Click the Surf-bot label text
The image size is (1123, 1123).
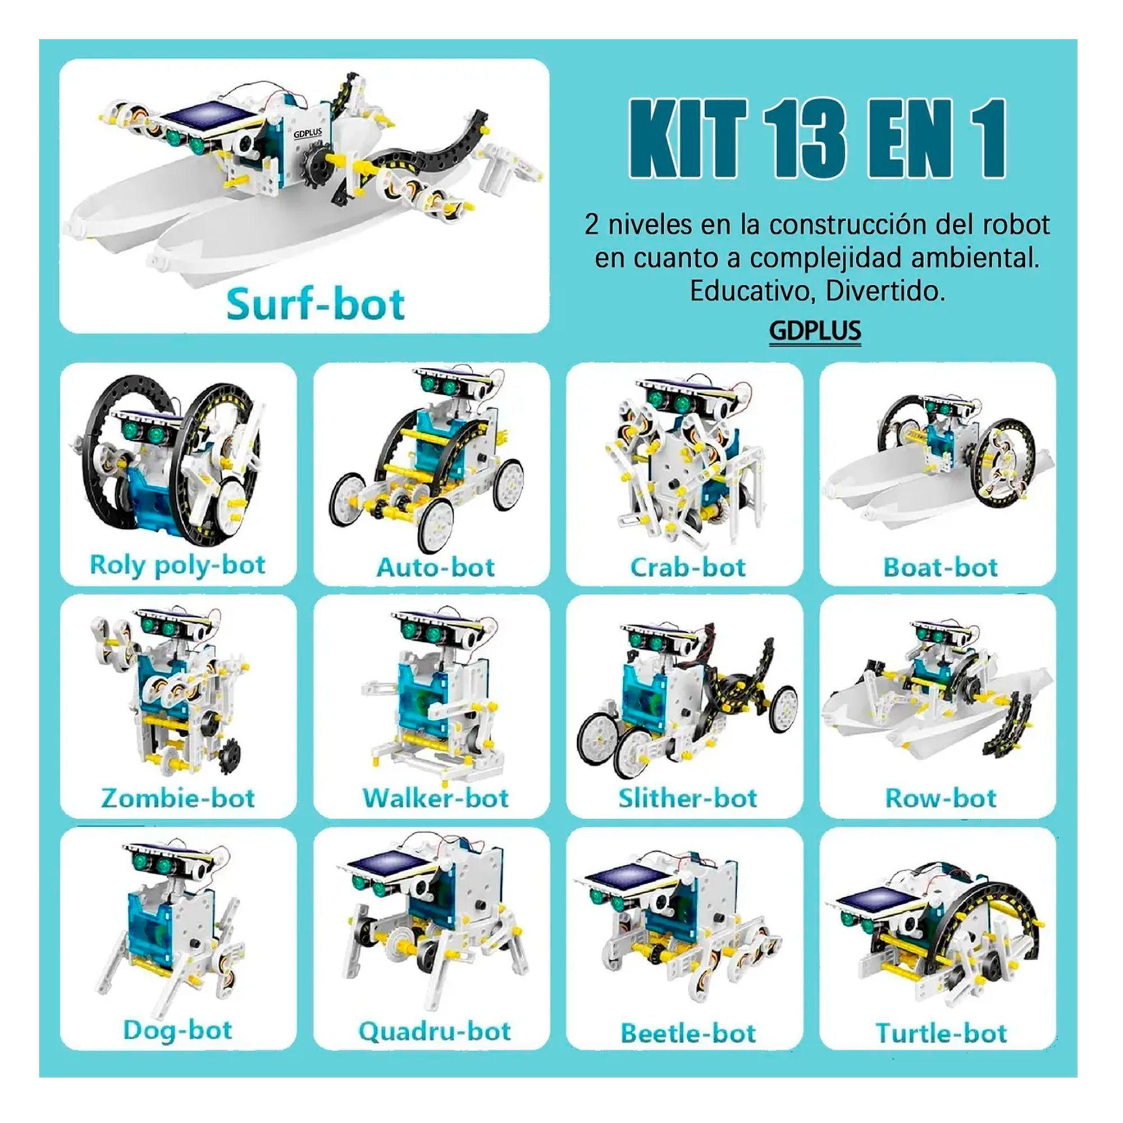pyautogui.click(x=316, y=304)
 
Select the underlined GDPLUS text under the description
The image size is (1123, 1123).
pyautogui.click(x=815, y=331)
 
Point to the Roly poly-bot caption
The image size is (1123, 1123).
pyautogui.click(x=178, y=565)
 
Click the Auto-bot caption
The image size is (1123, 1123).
pyautogui.click(x=435, y=567)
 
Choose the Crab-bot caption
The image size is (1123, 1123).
pyautogui.click(x=688, y=567)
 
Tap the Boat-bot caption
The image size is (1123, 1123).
pyautogui.click(x=941, y=567)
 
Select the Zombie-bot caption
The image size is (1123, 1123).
pyautogui.click(x=178, y=798)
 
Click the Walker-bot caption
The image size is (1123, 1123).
pyautogui.click(x=435, y=798)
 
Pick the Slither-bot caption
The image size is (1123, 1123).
pyautogui.click(x=688, y=798)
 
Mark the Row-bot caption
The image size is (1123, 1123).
pyautogui.click(x=941, y=798)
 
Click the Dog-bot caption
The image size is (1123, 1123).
pyautogui.click(x=178, y=1030)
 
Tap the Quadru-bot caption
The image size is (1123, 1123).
pyautogui.click(x=435, y=1031)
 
